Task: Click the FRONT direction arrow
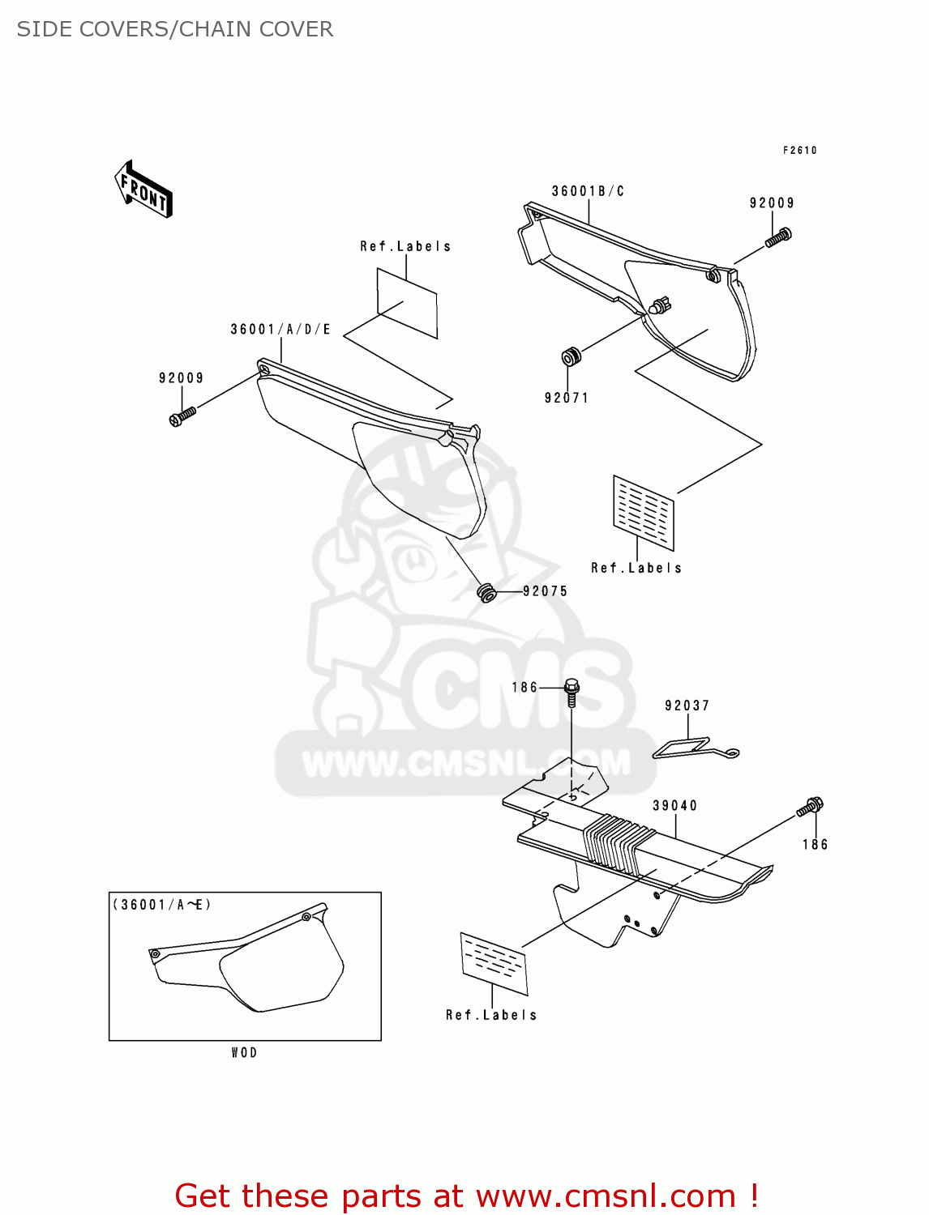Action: point(144,190)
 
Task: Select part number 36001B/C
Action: point(588,191)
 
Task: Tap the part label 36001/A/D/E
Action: point(280,329)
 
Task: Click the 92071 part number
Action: point(566,398)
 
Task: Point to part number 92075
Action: point(545,591)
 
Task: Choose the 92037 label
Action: point(687,706)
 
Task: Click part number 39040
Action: point(674,805)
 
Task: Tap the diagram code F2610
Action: point(799,150)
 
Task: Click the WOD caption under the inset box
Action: point(244,1052)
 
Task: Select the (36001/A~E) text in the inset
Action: point(162,905)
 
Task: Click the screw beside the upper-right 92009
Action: point(778,237)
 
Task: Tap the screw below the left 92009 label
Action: point(182,416)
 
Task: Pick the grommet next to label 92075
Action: point(486,591)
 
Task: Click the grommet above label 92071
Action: point(572,356)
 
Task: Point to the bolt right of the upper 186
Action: point(572,691)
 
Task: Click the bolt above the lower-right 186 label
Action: point(810,807)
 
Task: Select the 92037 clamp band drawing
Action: point(693,748)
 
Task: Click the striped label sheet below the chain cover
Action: point(494,963)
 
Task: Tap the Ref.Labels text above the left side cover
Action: point(405,246)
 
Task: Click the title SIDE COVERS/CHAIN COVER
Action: point(175,29)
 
